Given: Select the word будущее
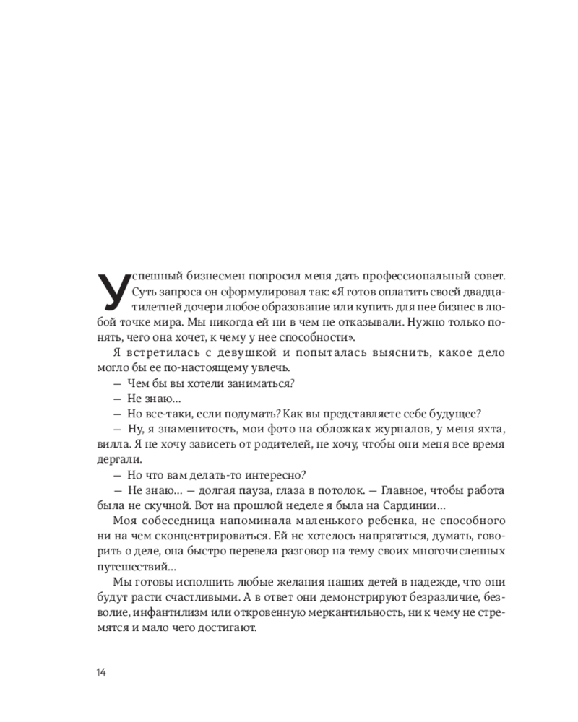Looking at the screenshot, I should [450, 413].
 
